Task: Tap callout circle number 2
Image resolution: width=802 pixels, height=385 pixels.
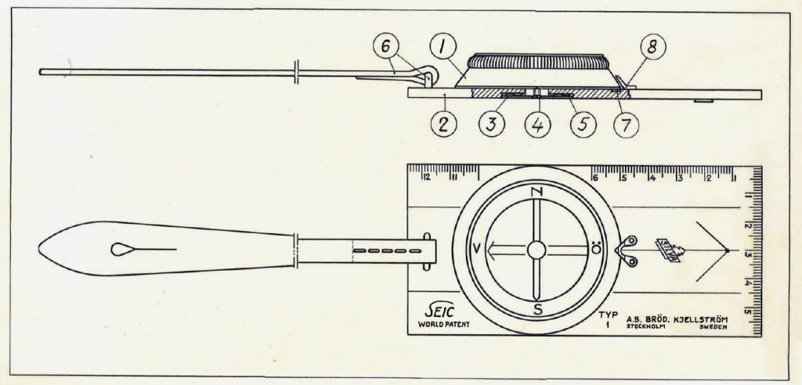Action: pos(443,125)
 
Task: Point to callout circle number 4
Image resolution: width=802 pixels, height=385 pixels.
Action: pos(537,125)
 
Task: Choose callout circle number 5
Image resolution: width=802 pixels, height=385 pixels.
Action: pos(583,125)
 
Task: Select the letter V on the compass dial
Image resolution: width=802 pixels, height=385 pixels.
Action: pos(476,250)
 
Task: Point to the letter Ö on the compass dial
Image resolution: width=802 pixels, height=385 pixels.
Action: pos(596,250)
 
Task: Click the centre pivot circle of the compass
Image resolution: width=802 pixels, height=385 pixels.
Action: pos(536,250)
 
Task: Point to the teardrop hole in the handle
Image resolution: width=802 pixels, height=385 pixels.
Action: pos(124,249)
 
